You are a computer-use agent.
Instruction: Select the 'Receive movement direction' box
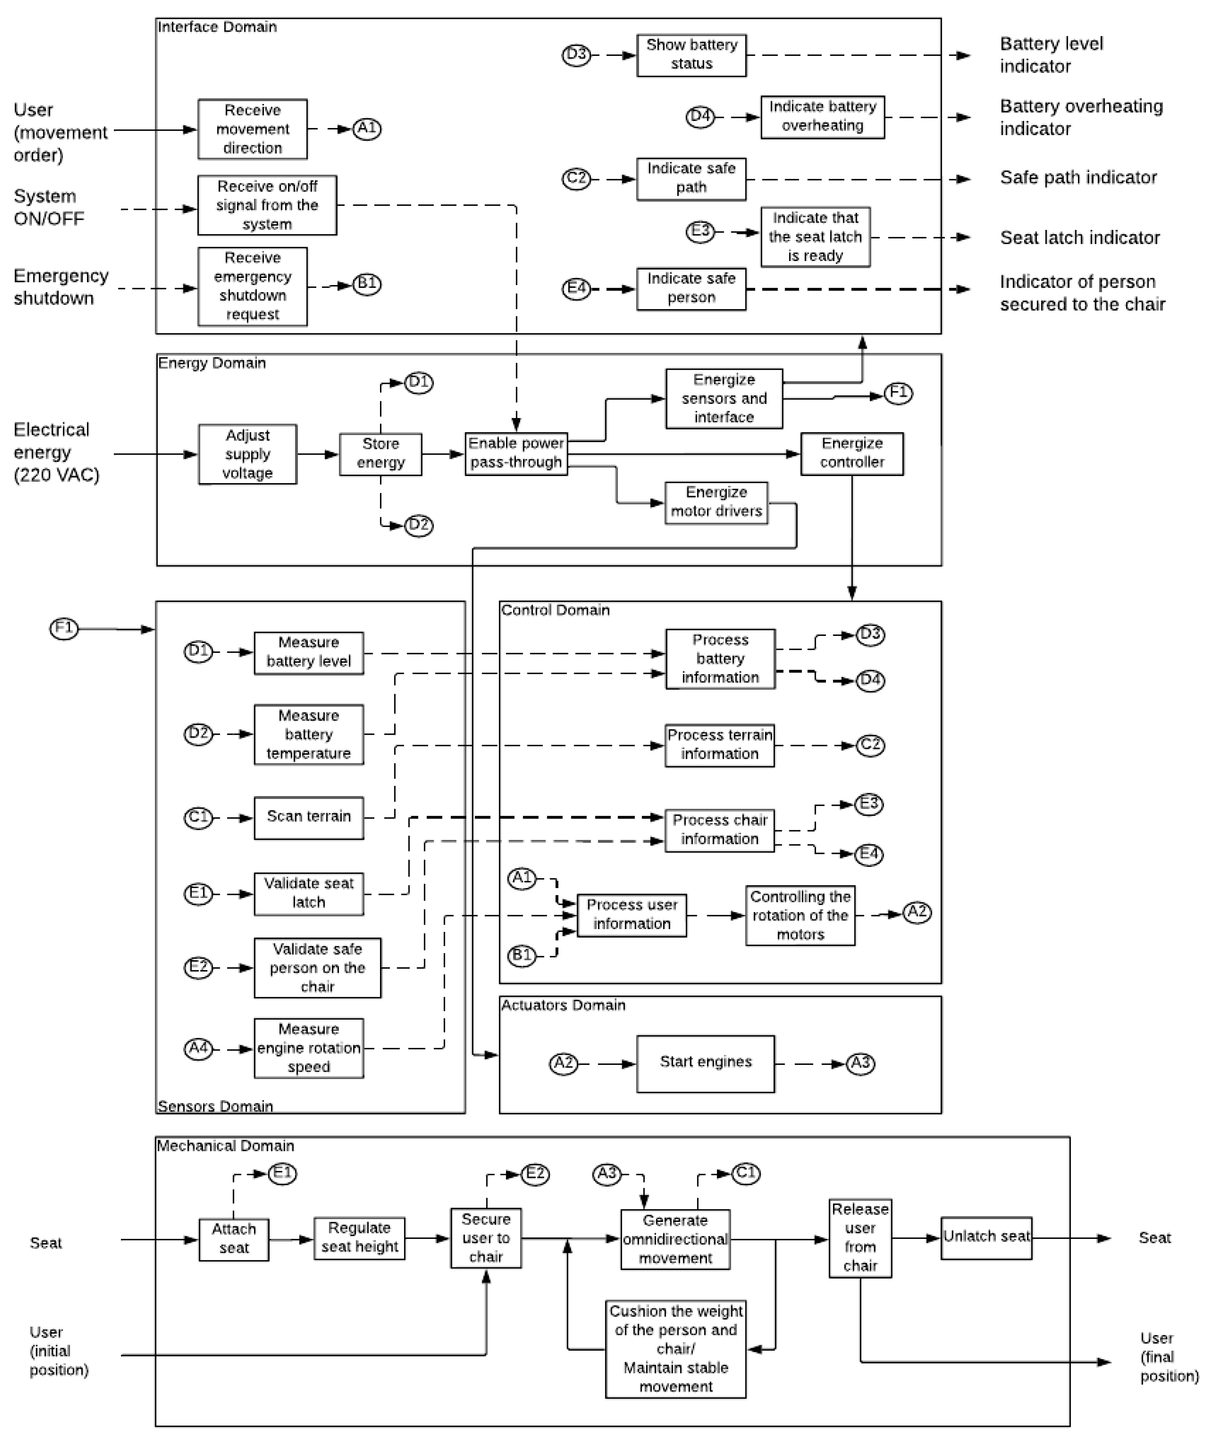pyautogui.click(x=252, y=129)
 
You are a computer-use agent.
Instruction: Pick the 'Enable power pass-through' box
pyautogui.click(x=516, y=453)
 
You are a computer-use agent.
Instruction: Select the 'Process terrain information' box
pyautogui.click(x=719, y=745)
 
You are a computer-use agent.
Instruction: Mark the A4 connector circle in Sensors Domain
pyautogui.click(x=198, y=1049)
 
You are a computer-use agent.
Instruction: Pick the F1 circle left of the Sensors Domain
pyautogui.click(x=64, y=628)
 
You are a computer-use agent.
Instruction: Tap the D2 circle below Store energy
pyautogui.click(x=418, y=526)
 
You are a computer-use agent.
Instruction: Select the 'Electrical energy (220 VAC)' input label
pyautogui.click(x=56, y=453)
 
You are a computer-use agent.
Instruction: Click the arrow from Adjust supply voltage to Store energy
pyautogui.click(x=318, y=454)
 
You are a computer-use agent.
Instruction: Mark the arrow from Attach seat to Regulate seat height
pyautogui.click(x=291, y=1239)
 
